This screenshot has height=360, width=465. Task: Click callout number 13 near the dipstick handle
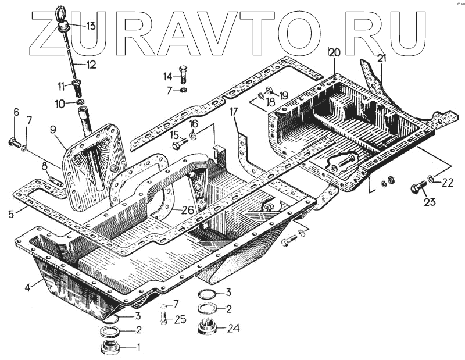pos(91,26)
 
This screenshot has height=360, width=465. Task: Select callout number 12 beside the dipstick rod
pos(91,65)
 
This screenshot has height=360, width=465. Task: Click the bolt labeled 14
pos(183,74)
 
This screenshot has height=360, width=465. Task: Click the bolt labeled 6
pos(14,142)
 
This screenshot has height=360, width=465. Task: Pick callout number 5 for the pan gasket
pos(11,213)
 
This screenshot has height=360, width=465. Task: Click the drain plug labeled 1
pos(109,348)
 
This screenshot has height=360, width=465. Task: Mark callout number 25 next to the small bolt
pos(180,318)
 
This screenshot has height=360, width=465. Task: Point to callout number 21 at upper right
pos(381,58)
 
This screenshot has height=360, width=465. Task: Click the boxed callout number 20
pos(333,52)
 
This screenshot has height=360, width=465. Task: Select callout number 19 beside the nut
pos(283,95)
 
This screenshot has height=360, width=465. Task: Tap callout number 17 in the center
pos(233,111)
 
